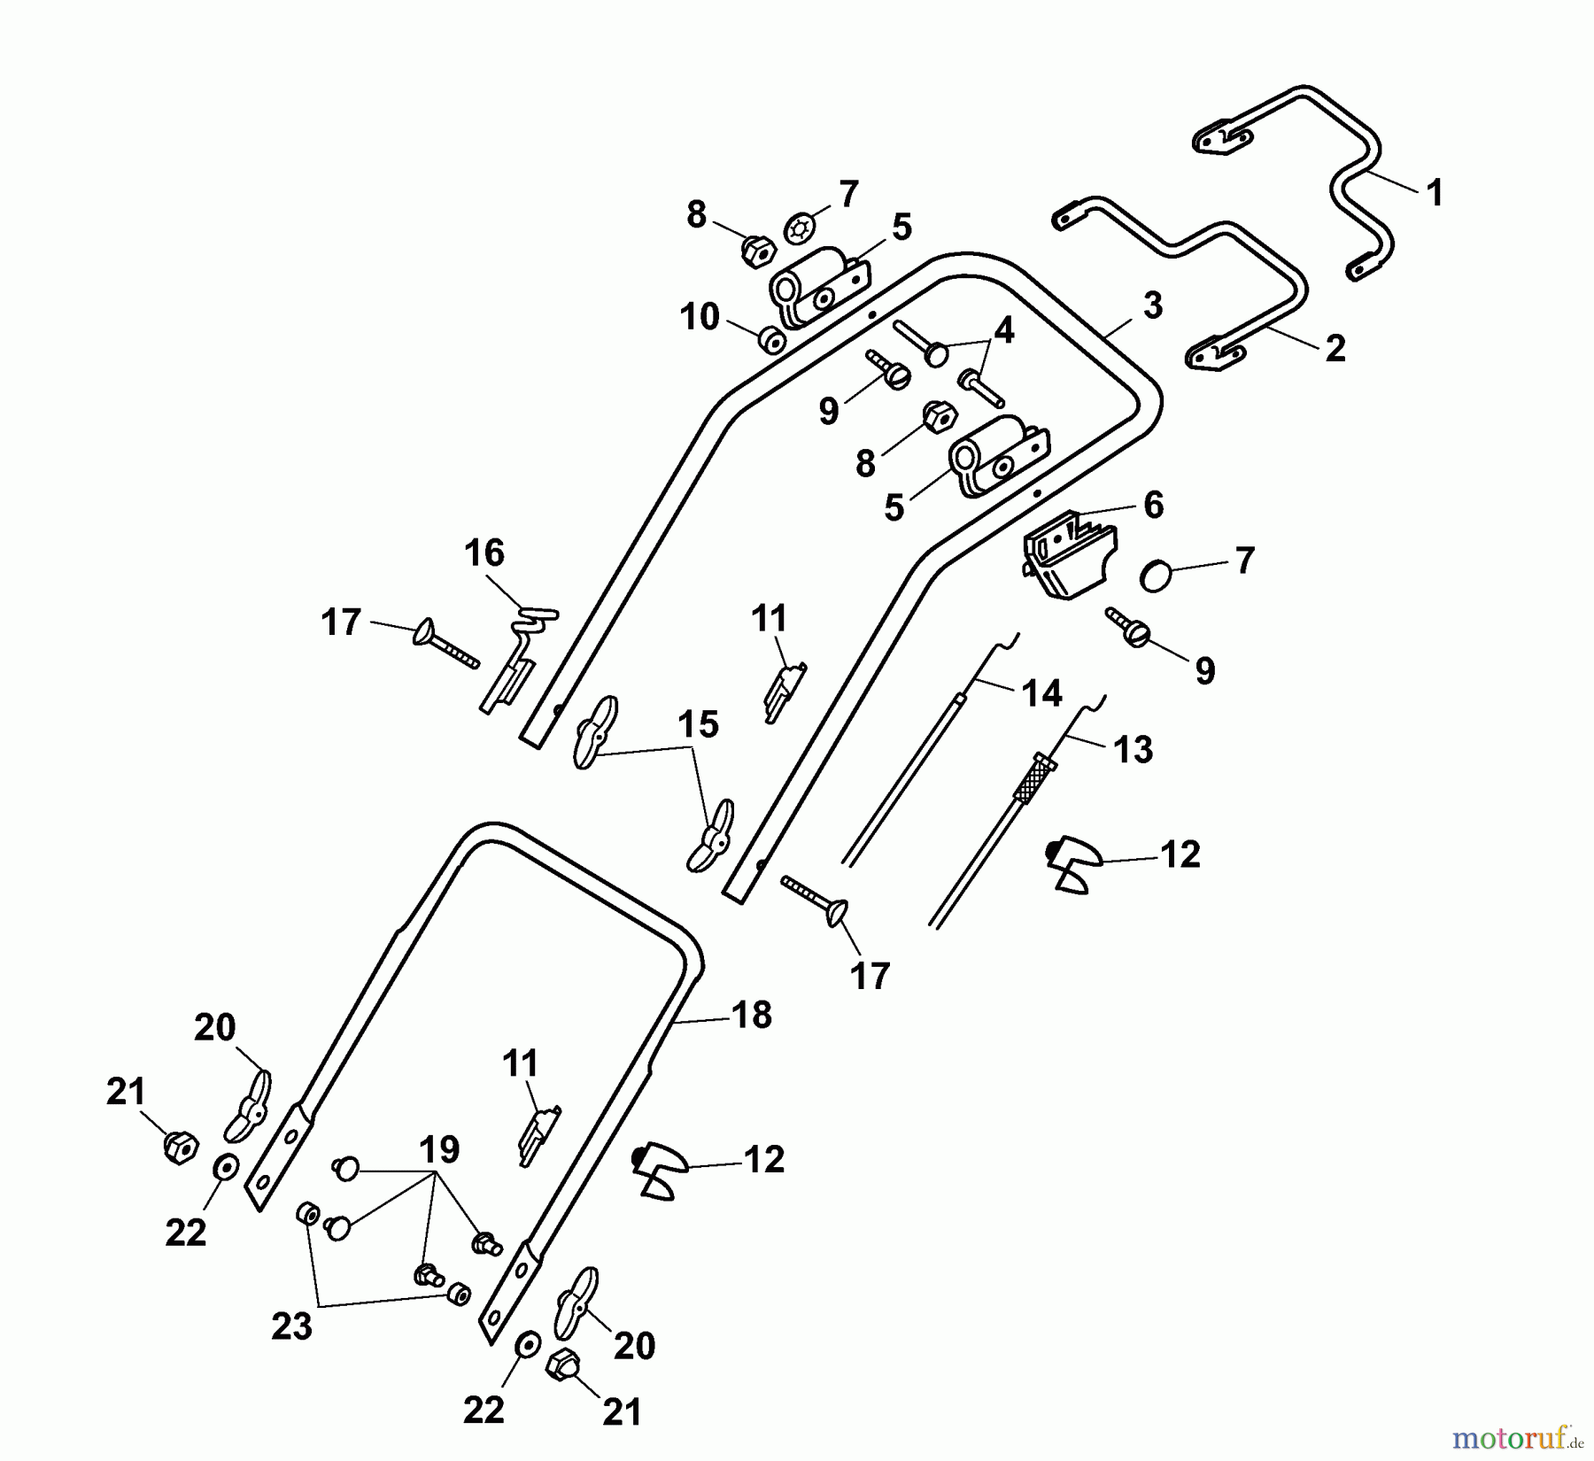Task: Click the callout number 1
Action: pyautogui.click(x=1435, y=192)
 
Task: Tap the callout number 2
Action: pyautogui.click(x=1335, y=347)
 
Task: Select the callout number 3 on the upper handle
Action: pyautogui.click(x=1151, y=305)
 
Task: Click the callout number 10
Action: pyautogui.click(x=700, y=316)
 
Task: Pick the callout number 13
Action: pyautogui.click(x=1133, y=749)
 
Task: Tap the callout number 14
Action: pyautogui.click(x=1041, y=692)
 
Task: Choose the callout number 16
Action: pyautogui.click(x=484, y=553)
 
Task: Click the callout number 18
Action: pyautogui.click(x=752, y=1015)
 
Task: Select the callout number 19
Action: pyautogui.click(x=438, y=1149)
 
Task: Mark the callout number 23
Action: pyautogui.click(x=291, y=1326)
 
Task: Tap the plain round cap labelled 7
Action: pyautogui.click(x=1156, y=576)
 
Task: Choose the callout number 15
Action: pyautogui.click(x=698, y=724)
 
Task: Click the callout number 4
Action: pyautogui.click(x=1003, y=331)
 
